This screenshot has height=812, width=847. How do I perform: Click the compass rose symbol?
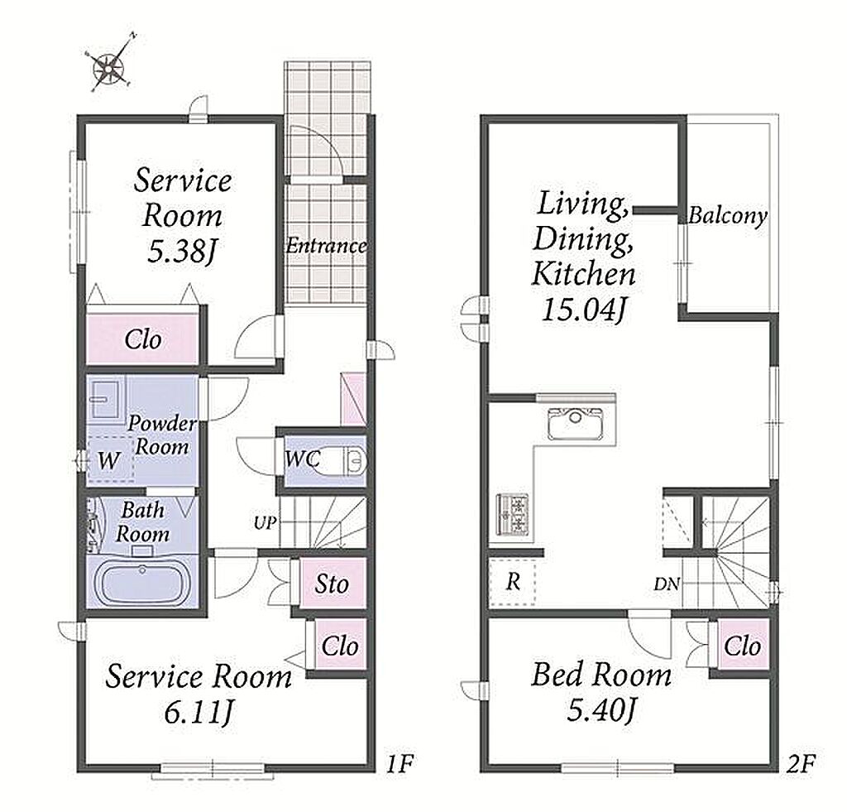pos(110,67)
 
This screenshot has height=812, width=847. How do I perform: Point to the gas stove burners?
pos(513,514)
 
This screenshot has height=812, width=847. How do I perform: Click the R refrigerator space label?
pos(513,582)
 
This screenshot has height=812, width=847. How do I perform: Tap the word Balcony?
pos(728,216)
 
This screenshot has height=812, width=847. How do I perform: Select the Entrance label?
pos(326,246)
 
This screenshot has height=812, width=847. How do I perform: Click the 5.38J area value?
pos(183,251)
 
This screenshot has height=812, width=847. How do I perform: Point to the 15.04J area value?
pos(584,310)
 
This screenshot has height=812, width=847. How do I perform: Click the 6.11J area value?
pos(199,713)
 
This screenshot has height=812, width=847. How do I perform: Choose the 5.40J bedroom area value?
pos(601,710)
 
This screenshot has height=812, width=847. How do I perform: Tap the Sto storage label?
pos(332,584)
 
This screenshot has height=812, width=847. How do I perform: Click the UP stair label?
pos(266,523)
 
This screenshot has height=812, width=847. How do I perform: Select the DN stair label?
pos(666,584)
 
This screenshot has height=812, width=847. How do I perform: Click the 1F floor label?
pos(400,764)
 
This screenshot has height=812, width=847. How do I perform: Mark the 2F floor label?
pos(801,764)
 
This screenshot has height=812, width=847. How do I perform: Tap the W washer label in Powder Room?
pos(108,461)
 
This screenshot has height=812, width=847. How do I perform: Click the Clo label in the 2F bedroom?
pos(742,646)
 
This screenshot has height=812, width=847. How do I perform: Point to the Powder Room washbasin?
pos(106,400)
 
